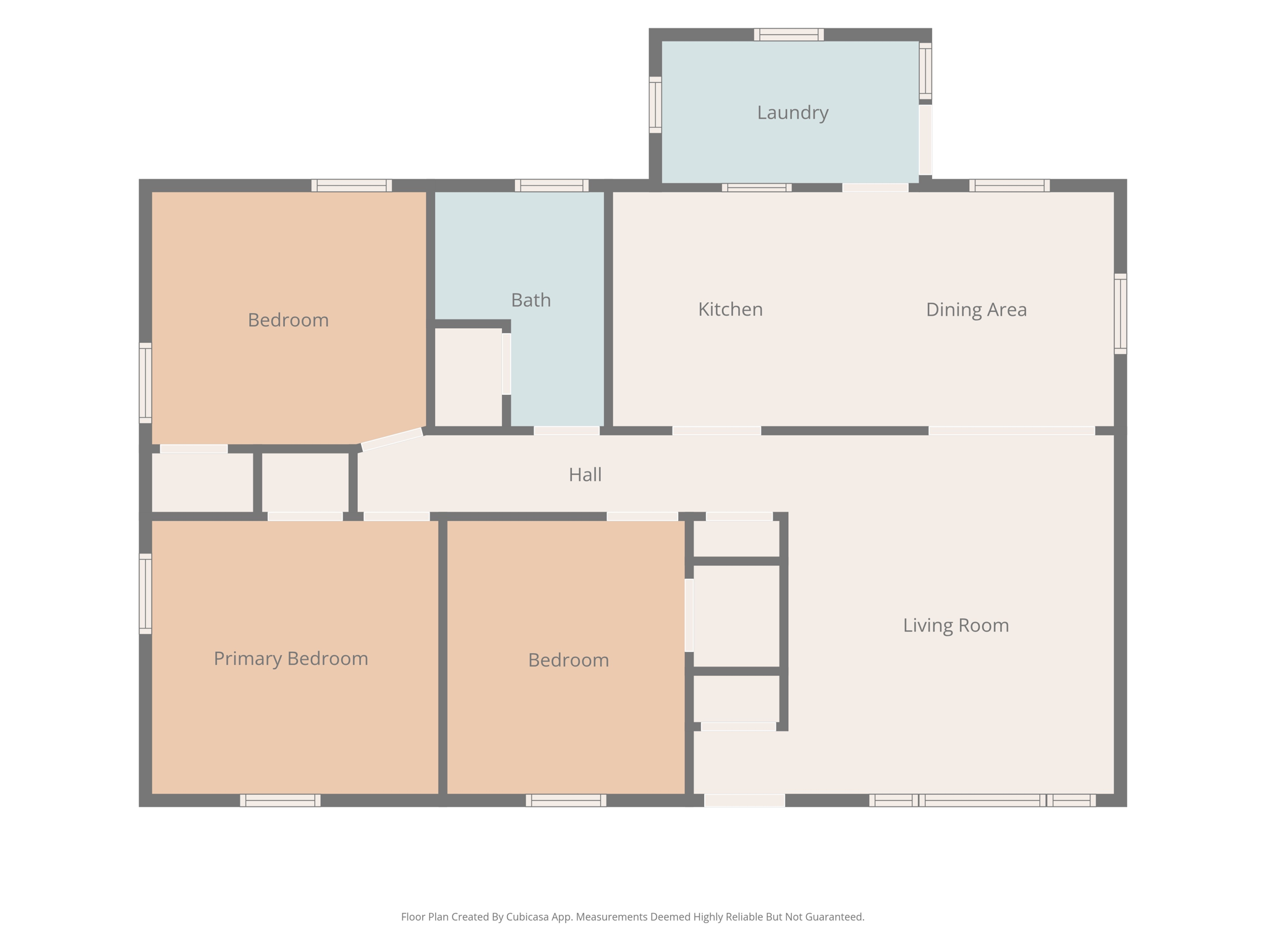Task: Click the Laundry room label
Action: (x=792, y=112)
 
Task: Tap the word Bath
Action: (x=530, y=300)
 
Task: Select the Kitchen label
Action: (x=730, y=309)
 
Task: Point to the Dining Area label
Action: (x=976, y=309)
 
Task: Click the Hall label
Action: (x=585, y=474)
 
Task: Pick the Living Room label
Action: (x=956, y=625)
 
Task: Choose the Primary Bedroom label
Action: (x=291, y=659)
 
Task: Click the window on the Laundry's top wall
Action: (x=789, y=35)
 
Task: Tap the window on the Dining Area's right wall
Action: (x=1120, y=314)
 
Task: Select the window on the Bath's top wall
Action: (x=551, y=185)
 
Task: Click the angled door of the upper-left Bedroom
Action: (x=392, y=439)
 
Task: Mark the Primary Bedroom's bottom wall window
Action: (x=280, y=800)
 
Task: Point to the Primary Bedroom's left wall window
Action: (x=145, y=594)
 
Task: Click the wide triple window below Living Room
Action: (x=982, y=800)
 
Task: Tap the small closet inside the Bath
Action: (x=468, y=377)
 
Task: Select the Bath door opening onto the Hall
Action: (x=566, y=431)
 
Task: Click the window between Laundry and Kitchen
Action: (x=757, y=188)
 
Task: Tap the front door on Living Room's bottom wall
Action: (x=744, y=800)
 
